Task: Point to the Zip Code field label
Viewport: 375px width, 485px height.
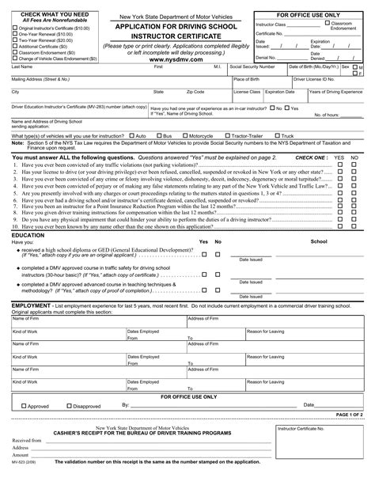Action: [195, 92]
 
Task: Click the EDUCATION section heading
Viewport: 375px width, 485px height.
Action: [28, 236]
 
